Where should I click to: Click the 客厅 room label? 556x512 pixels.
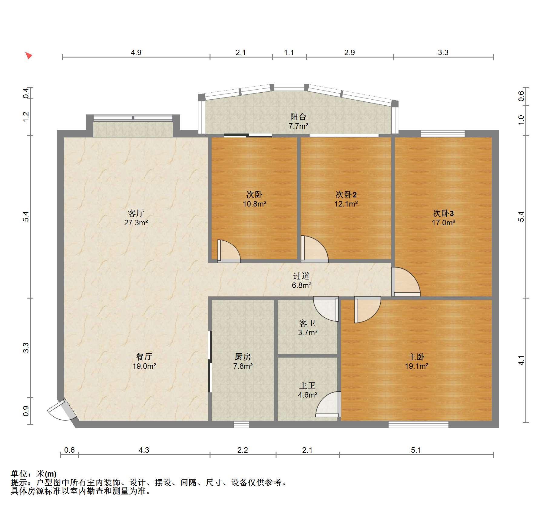coord(136,213)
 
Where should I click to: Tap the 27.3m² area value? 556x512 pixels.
coord(136,223)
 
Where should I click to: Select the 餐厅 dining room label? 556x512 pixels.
coord(144,357)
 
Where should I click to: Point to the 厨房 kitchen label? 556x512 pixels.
coord(243,357)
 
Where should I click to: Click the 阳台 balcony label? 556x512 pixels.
coord(298,117)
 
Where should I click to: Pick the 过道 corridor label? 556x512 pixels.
coord(301,276)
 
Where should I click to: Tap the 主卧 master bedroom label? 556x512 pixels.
coord(416,357)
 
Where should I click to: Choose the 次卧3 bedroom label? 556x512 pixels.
coord(443,213)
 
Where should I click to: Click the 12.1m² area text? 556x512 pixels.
coord(346,204)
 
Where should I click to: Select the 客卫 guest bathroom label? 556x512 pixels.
coord(307,323)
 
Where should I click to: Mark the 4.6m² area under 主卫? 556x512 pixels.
coord(308,395)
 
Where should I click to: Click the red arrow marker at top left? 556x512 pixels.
coord(28,55)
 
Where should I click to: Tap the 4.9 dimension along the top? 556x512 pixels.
coord(136,52)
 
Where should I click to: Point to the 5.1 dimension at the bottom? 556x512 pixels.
coord(416,450)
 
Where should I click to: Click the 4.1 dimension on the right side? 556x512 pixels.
coord(521,360)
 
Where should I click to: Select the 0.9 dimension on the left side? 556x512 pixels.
coord(26,411)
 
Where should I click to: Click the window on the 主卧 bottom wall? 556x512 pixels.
coord(418,424)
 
